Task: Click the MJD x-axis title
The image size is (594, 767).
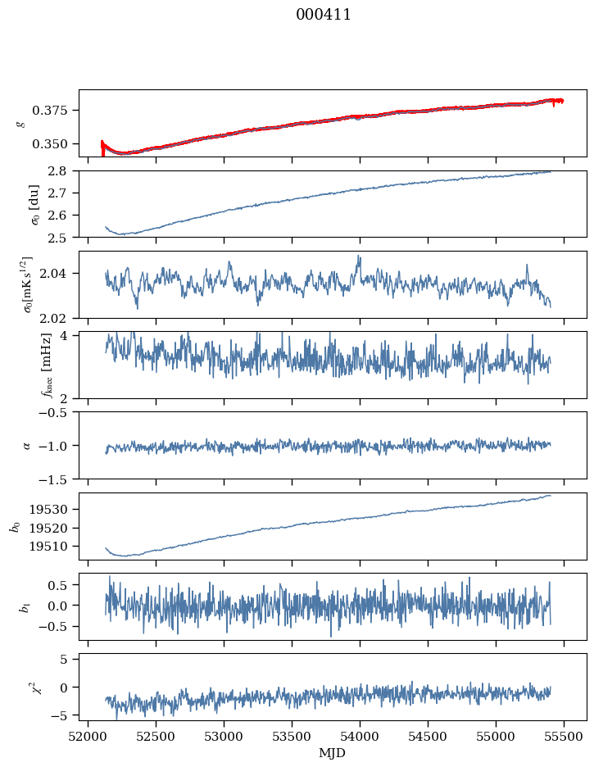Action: point(332,753)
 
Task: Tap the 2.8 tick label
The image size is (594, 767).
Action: point(62,170)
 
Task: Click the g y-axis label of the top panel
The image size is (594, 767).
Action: point(21,123)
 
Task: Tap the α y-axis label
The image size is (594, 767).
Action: point(26,445)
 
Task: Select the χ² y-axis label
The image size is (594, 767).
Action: point(25,687)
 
